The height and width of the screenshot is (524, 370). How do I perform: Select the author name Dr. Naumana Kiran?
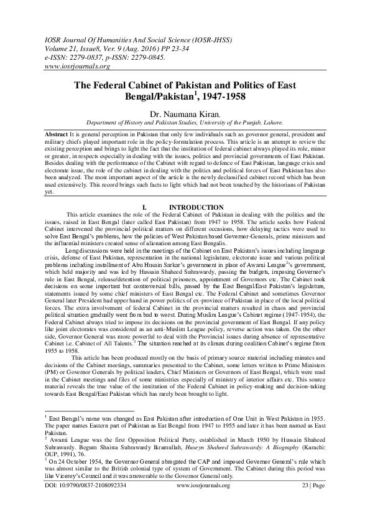tap(185, 115)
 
